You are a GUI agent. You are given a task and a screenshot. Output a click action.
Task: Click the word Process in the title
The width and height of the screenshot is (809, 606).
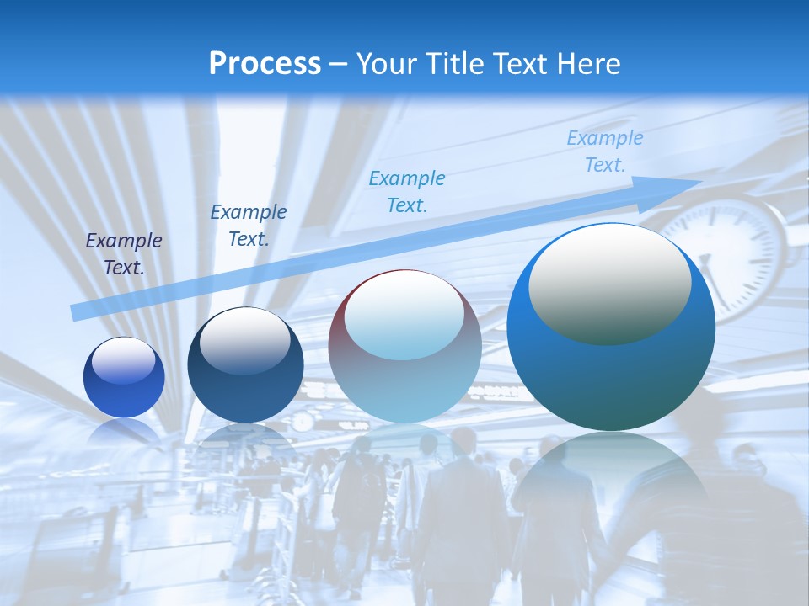click(x=265, y=64)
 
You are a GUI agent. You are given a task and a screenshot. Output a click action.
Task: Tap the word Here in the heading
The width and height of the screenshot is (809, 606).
click(x=587, y=64)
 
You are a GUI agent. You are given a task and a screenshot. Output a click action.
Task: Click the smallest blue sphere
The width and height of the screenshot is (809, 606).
click(x=124, y=377)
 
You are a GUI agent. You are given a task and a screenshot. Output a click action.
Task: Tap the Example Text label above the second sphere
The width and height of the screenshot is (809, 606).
click(x=249, y=225)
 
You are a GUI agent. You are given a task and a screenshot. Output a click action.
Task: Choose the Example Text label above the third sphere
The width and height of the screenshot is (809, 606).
click(x=407, y=191)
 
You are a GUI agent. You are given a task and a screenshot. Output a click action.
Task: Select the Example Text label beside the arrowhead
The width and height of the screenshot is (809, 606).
click(x=605, y=151)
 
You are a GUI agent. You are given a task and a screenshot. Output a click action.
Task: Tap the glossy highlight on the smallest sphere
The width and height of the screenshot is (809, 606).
click(x=124, y=360)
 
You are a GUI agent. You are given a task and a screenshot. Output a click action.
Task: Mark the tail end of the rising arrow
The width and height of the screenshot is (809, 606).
click(x=78, y=312)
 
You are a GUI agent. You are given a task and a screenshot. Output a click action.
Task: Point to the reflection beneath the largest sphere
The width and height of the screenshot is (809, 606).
click(x=611, y=480)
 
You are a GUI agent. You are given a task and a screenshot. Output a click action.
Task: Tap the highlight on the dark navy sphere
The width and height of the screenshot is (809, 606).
click(x=245, y=340)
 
